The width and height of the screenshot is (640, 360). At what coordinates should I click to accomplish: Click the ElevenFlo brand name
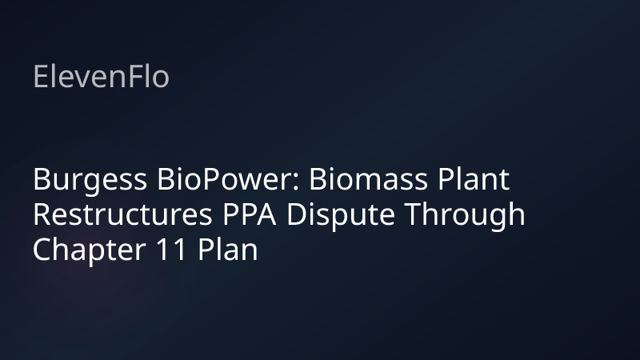pos(101,77)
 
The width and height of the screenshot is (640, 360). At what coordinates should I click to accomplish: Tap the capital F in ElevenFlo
pos(134,77)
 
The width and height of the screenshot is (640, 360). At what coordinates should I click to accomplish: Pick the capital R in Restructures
pos(41,215)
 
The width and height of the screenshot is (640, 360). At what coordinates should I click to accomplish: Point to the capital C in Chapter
pos(41,250)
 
